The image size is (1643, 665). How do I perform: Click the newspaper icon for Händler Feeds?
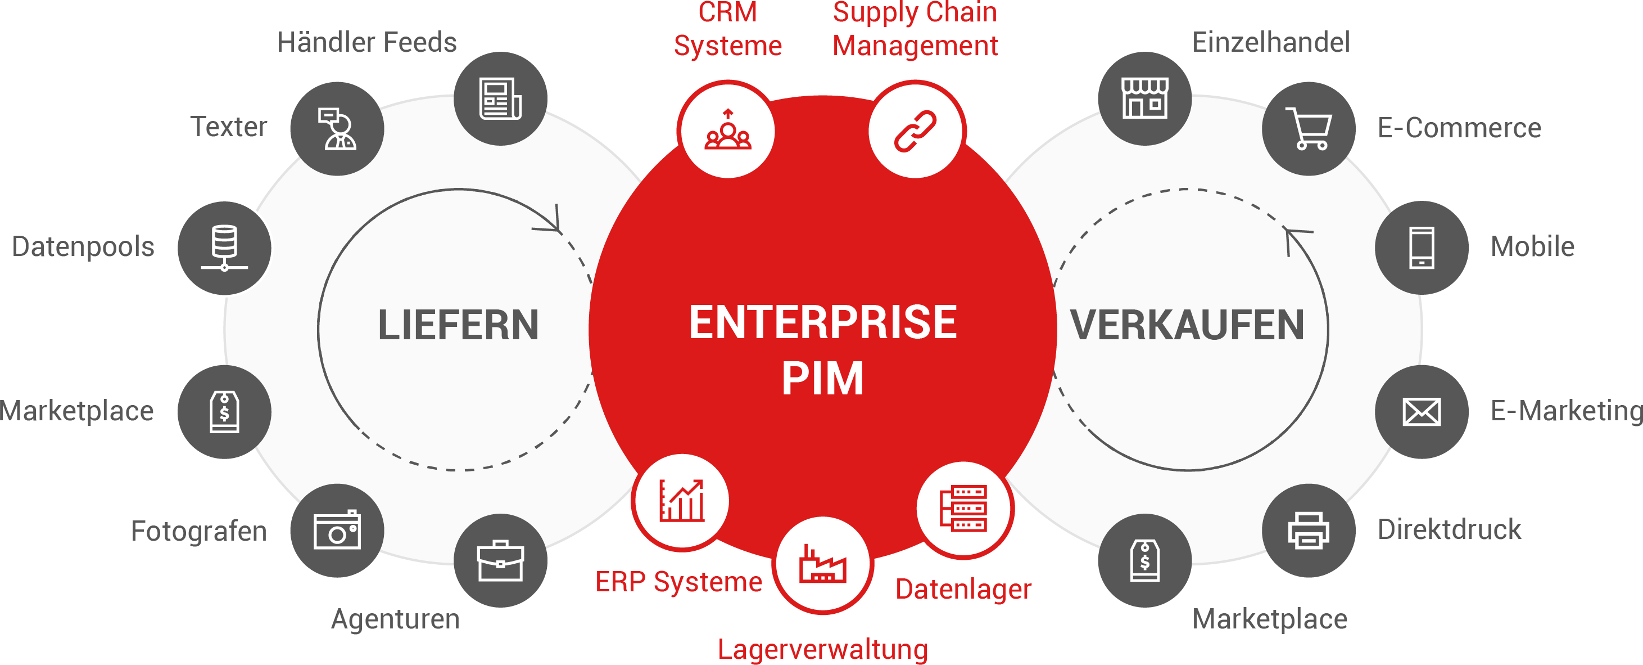(x=501, y=99)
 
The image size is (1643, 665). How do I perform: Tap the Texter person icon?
(x=337, y=128)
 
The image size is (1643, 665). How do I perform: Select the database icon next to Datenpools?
(x=224, y=248)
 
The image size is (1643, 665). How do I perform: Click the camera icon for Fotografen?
(x=337, y=531)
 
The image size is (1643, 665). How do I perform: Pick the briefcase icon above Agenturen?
(x=501, y=561)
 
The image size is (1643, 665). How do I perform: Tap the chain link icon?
(x=915, y=132)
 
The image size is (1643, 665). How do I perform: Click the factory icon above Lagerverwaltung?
(x=823, y=564)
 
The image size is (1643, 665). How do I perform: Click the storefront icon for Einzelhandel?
(x=1145, y=99)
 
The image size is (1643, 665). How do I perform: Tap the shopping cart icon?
(x=1309, y=128)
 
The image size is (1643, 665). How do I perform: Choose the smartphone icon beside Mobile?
(x=1422, y=248)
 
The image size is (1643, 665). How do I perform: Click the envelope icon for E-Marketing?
(x=1422, y=412)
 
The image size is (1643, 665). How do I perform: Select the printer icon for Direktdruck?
(x=1309, y=531)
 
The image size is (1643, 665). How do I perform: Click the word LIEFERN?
(x=459, y=326)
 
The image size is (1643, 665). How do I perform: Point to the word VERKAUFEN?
(x=1187, y=326)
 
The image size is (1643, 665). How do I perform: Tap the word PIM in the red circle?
(x=823, y=379)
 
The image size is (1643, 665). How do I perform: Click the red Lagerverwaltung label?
(x=823, y=649)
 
